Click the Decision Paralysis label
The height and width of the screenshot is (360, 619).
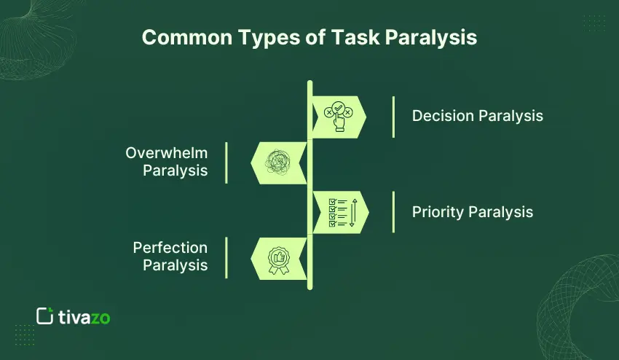(477, 116)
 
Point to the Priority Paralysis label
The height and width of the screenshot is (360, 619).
(472, 212)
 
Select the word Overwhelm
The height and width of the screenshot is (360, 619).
(167, 153)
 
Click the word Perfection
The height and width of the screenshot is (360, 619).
(170, 248)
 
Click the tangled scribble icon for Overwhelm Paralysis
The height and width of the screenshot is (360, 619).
(279, 162)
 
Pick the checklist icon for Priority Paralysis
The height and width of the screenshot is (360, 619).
(337, 212)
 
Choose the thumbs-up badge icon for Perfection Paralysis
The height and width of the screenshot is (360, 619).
(278, 259)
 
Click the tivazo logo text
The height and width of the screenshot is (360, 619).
(84, 317)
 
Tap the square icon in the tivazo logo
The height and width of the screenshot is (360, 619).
(44, 316)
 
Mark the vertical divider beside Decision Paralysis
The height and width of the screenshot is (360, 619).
(393, 117)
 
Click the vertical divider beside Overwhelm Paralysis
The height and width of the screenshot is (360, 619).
(226, 163)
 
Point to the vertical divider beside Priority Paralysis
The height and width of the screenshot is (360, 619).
(393, 212)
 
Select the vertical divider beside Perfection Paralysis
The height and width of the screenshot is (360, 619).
(226, 257)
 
